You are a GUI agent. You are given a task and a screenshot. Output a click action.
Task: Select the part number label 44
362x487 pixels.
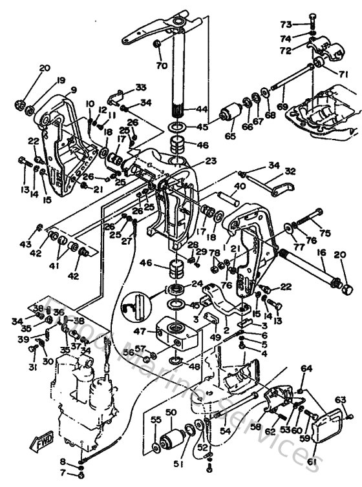coord(202,110)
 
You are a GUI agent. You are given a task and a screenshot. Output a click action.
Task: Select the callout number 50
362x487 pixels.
coord(171,412)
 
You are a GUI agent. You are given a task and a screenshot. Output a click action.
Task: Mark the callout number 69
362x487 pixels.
coord(280,105)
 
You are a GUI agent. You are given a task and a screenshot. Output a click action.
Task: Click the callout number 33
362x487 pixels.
coord(140,88)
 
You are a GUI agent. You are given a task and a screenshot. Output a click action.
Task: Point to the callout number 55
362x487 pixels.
coord(155,420)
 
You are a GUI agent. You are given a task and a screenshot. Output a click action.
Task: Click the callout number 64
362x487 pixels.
coord(306,369)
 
